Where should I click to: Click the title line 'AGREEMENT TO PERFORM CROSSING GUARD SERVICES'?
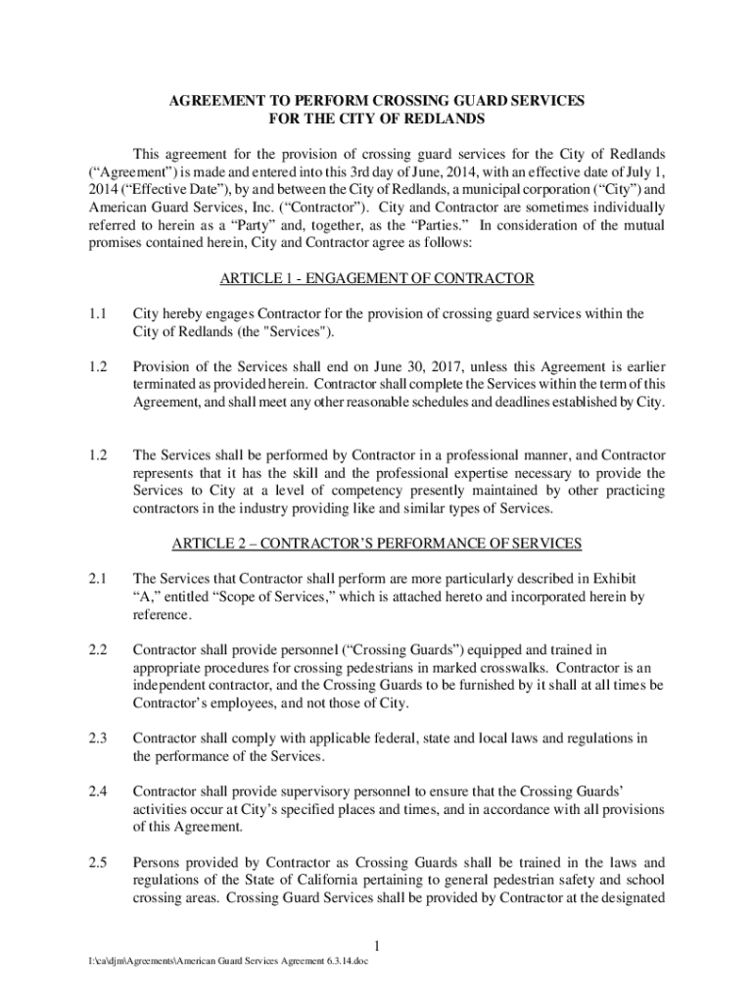(x=377, y=101)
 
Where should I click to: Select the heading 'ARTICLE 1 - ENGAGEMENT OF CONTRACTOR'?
(x=377, y=279)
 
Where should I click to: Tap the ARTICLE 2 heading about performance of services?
(x=377, y=544)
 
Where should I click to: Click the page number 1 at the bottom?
(x=377, y=945)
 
